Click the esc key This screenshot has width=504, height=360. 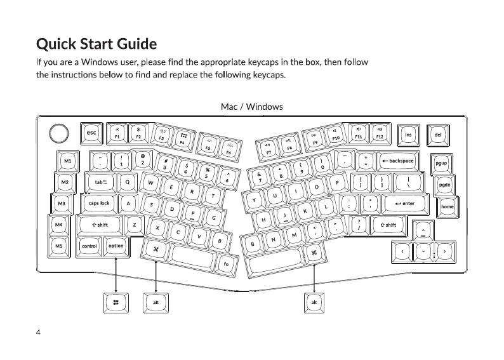pyautogui.click(x=91, y=133)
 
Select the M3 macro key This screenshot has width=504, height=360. pyautogui.click(x=61, y=204)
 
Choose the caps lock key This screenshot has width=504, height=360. pyautogui.click(x=99, y=204)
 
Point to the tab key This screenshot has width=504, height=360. pyautogui.click(x=102, y=182)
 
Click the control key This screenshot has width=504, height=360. pyautogui.click(x=89, y=246)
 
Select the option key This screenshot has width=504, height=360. pyautogui.click(x=116, y=246)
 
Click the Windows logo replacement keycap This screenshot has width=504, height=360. pyautogui.click(x=116, y=303)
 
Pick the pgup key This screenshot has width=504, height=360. pyautogui.click(x=441, y=163)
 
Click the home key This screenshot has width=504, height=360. pyautogui.click(x=448, y=207)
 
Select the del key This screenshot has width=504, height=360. pyautogui.click(x=437, y=134)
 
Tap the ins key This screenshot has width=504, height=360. pyautogui.click(x=408, y=134)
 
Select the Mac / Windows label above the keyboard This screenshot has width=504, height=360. pyautogui.click(x=251, y=107)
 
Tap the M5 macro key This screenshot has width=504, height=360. pyautogui.click(x=59, y=246)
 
